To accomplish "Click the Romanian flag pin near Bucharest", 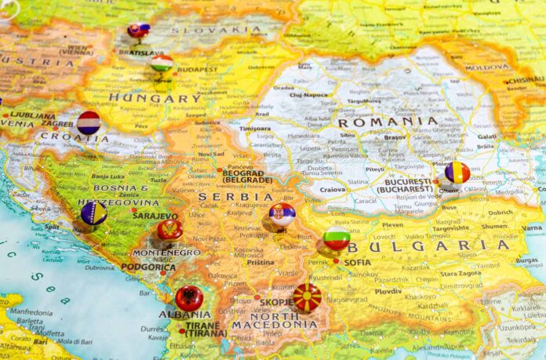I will coord(457,173).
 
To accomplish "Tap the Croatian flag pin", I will coord(89,122).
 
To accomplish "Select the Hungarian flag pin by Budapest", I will coord(162,63).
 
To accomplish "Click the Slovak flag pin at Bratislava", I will coord(138,31).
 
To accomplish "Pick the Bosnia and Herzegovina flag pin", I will coord(93,213).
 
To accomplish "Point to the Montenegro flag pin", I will coord(169,230).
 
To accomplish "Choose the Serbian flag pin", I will coord(282,214).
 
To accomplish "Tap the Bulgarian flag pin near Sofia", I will coord(337,239).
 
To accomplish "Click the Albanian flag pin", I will coord(189,298).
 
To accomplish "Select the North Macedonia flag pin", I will coord(307,297).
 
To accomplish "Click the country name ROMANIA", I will coord(387,122).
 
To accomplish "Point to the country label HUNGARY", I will coord(155,98).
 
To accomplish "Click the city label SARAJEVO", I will coord(155,216).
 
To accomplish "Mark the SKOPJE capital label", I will coord(276,302).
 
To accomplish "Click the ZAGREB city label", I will coord(57,124).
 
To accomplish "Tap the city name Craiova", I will coord(333,189).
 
